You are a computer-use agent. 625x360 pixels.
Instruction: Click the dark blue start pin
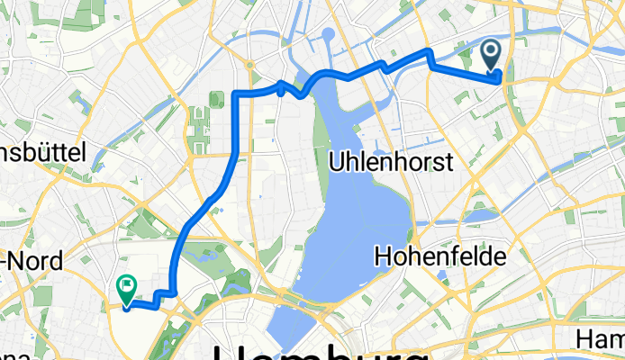[493, 56]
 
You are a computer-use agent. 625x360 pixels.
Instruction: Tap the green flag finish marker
[126, 289]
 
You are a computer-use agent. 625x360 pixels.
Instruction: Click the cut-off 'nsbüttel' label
[42, 153]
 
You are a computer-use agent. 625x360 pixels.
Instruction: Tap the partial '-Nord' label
[32, 262]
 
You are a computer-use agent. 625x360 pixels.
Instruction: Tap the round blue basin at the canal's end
[328, 36]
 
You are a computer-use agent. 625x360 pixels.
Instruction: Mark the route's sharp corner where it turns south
[237, 94]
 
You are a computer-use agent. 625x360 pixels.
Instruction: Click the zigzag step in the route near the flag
[163, 294]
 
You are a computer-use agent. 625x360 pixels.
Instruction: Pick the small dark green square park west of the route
[216, 99]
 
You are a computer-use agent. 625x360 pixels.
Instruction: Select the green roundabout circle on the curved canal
[249, 65]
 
